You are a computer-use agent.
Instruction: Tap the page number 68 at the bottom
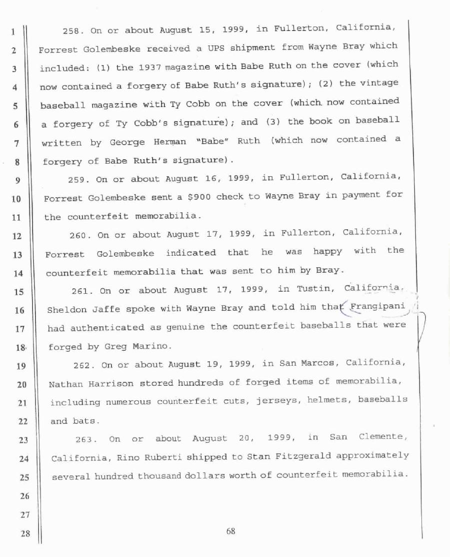230,531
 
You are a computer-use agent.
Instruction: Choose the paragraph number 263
84,439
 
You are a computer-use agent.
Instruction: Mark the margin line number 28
23,533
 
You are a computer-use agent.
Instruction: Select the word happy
327,251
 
